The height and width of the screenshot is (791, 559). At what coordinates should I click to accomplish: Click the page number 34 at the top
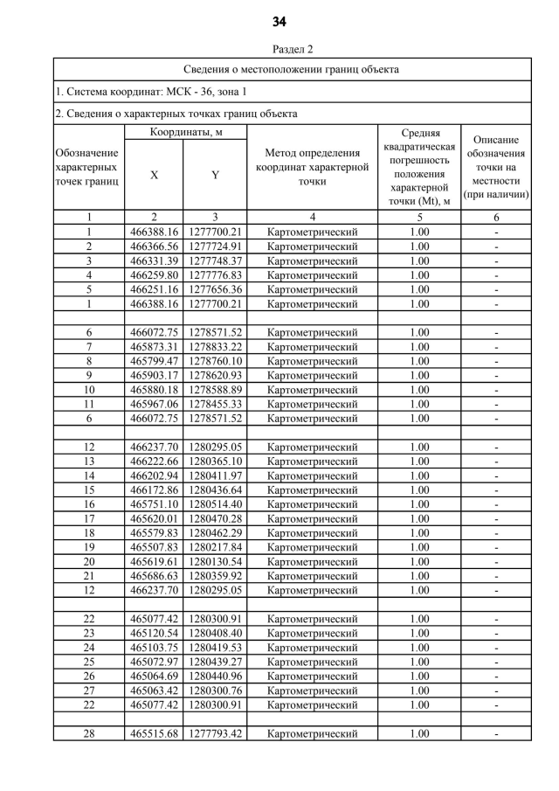tap(279, 21)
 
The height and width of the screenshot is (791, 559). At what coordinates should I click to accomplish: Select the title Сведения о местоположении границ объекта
tap(292, 69)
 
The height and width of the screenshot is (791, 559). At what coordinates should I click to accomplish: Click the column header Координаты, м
tap(185, 132)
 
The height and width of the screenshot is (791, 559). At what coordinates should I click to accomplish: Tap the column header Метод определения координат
tap(312, 168)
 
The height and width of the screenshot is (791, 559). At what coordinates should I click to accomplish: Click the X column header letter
tap(155, 175)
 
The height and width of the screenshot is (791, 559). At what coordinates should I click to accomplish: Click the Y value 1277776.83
tap(215, 275)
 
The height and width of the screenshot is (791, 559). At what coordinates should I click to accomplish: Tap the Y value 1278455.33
tap(215, 404)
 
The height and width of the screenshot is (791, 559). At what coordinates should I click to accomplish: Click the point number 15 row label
tap(89, 490)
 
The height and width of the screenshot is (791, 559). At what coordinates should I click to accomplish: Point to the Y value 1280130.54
tap(215, 562)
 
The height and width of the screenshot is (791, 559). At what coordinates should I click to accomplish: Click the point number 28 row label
tap(89, 733)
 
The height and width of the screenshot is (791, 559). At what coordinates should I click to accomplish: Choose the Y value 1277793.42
tap(215, 733)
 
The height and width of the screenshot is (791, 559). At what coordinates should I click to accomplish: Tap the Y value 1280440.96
tap(215, 676)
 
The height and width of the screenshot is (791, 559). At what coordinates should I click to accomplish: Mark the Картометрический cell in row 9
tap(312, 376)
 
